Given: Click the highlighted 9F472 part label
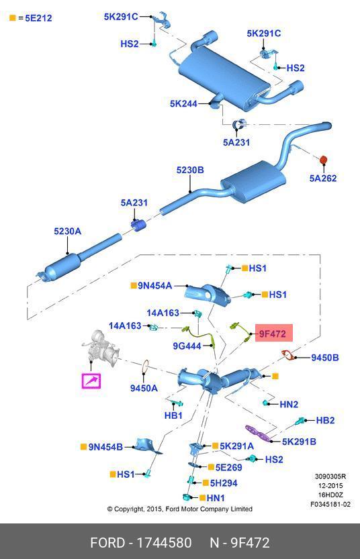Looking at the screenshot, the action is click(273, 334).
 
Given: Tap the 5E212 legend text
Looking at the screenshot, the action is click(38, 18).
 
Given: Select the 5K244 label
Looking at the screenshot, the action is click(183, 103).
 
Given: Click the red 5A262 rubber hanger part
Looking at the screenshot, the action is click(323, 160).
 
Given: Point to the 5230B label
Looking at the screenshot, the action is click(190, 170).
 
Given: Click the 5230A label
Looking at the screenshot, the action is click(67, 232).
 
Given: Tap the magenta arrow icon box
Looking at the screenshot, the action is click(91, 380).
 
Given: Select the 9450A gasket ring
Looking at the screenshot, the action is click(145, 366).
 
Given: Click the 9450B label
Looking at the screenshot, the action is click(324, 358).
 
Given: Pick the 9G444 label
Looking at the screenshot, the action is click(187, 346).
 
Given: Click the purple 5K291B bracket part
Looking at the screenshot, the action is click(258, 432).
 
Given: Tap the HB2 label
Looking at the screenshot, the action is click(325, 420).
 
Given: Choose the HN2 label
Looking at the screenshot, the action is click(289, 404).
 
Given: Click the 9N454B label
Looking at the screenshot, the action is click(105, 447).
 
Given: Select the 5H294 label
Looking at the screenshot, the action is click(224, 483).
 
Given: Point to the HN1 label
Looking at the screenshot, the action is click(216, 498).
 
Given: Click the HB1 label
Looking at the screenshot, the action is click(173, 415).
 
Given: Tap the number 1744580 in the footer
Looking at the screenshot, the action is click(164, 543).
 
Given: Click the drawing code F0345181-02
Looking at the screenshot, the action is click(330, 504).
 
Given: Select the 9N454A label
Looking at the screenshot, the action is click(155, 286).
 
